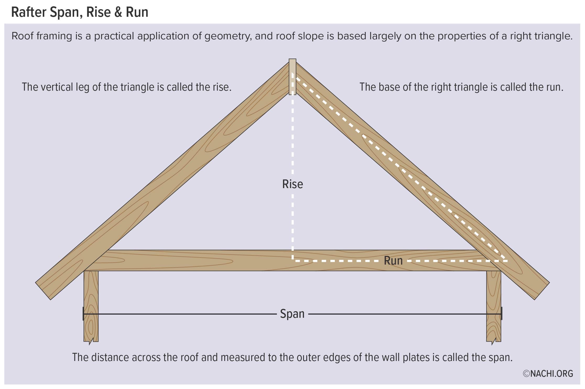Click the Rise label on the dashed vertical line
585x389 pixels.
[x=292, y=184]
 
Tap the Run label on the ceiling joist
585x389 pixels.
[x=393, y=261]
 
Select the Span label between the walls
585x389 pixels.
[x=292, y=314]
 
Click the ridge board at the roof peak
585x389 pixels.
[x=292, y=76]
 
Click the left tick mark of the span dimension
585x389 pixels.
[x=83, y=314]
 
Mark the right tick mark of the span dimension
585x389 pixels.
[x=501, y=314]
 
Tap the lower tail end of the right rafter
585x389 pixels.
[x=542, y=291]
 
